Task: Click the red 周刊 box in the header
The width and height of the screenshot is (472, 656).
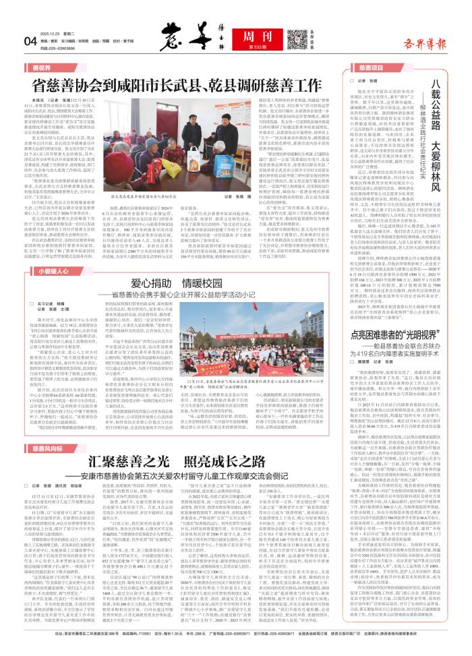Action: pyautogui.click(x=238, y=21)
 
